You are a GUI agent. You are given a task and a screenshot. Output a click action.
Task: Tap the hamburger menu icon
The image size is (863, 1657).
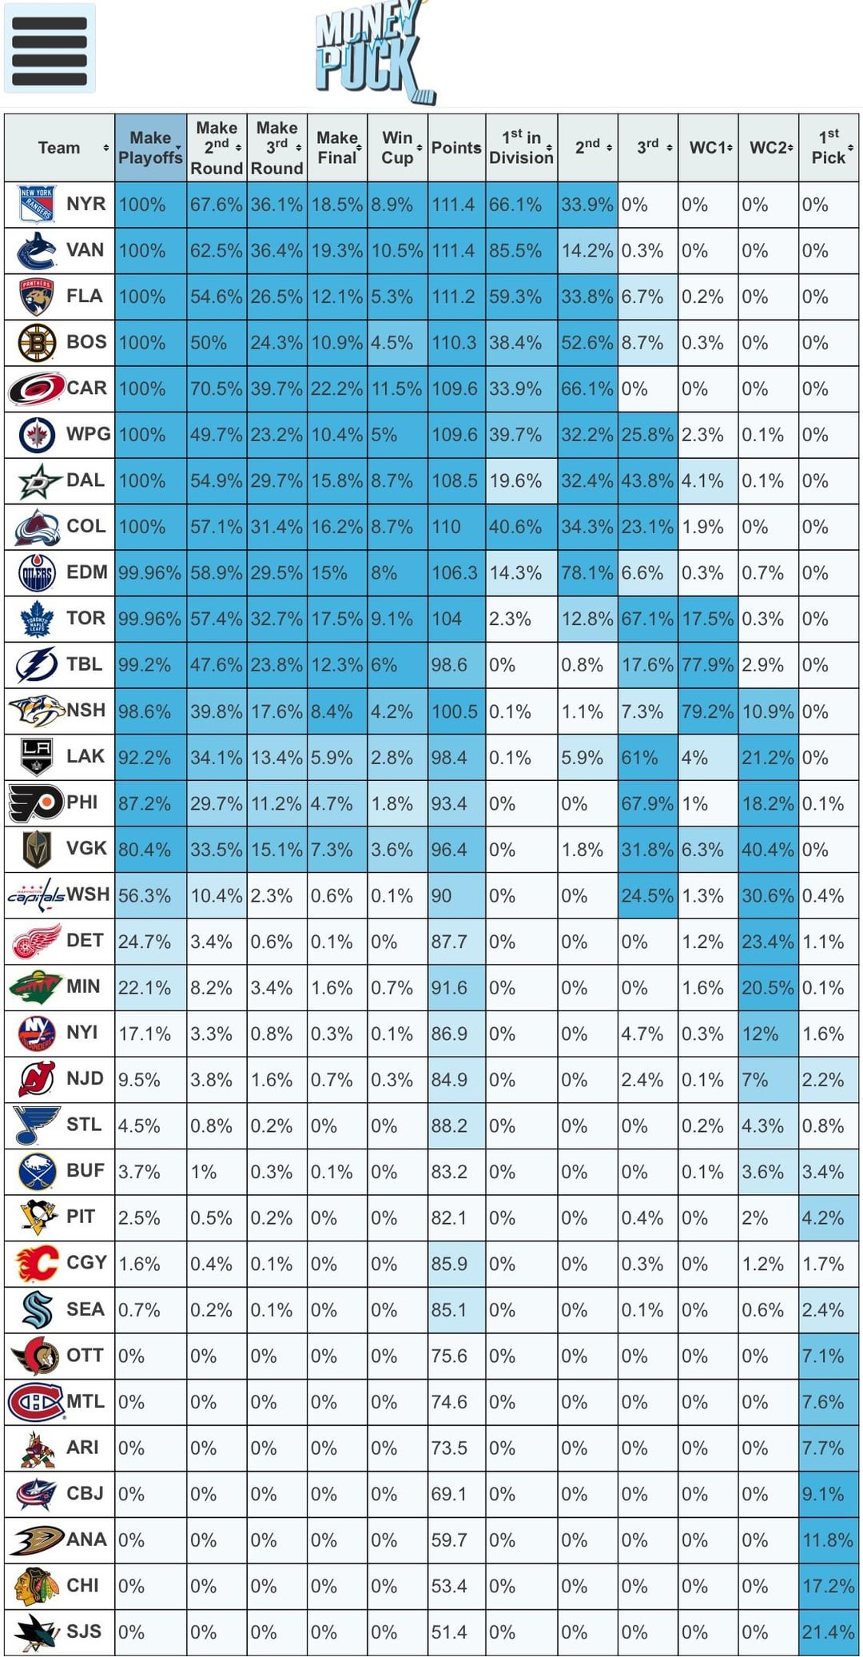(50, 49)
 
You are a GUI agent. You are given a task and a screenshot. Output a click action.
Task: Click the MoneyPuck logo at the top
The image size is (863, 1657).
(374, 53)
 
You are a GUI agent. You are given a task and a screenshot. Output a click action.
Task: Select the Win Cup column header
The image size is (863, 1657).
(397, 148)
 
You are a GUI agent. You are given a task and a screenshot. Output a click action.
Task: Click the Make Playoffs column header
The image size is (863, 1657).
(150, 148)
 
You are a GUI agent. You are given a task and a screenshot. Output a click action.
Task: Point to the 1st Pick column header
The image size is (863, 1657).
(829, 148)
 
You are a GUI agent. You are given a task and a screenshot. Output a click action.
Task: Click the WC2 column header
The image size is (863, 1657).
(769, 148)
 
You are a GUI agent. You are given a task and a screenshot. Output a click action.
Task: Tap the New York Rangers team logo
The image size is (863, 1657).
(36, 205)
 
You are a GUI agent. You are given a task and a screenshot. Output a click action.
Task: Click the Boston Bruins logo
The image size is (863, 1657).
(37, 343)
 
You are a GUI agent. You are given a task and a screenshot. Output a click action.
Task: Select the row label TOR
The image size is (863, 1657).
(86, 618)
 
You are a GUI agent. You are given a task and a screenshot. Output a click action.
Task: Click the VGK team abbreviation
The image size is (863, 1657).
(86, 848)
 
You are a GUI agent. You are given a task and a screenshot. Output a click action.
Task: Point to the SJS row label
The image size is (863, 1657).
(84, 1631)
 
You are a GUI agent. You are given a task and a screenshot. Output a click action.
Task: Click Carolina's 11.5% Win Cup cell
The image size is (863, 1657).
(397, 389)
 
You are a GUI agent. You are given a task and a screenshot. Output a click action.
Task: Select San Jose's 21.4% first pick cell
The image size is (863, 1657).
(829, 1632)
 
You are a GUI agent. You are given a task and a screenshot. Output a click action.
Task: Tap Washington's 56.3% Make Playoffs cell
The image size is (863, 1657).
(150, 896)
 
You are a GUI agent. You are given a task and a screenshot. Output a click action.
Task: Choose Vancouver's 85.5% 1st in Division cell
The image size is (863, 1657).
(521, 251)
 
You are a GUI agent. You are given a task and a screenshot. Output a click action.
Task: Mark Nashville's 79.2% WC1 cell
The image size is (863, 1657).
(708, 711)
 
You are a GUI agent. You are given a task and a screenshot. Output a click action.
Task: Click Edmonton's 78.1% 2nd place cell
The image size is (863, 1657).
(587, 573)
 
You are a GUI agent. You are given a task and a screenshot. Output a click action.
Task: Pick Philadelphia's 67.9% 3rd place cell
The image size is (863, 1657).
(648, 803)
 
